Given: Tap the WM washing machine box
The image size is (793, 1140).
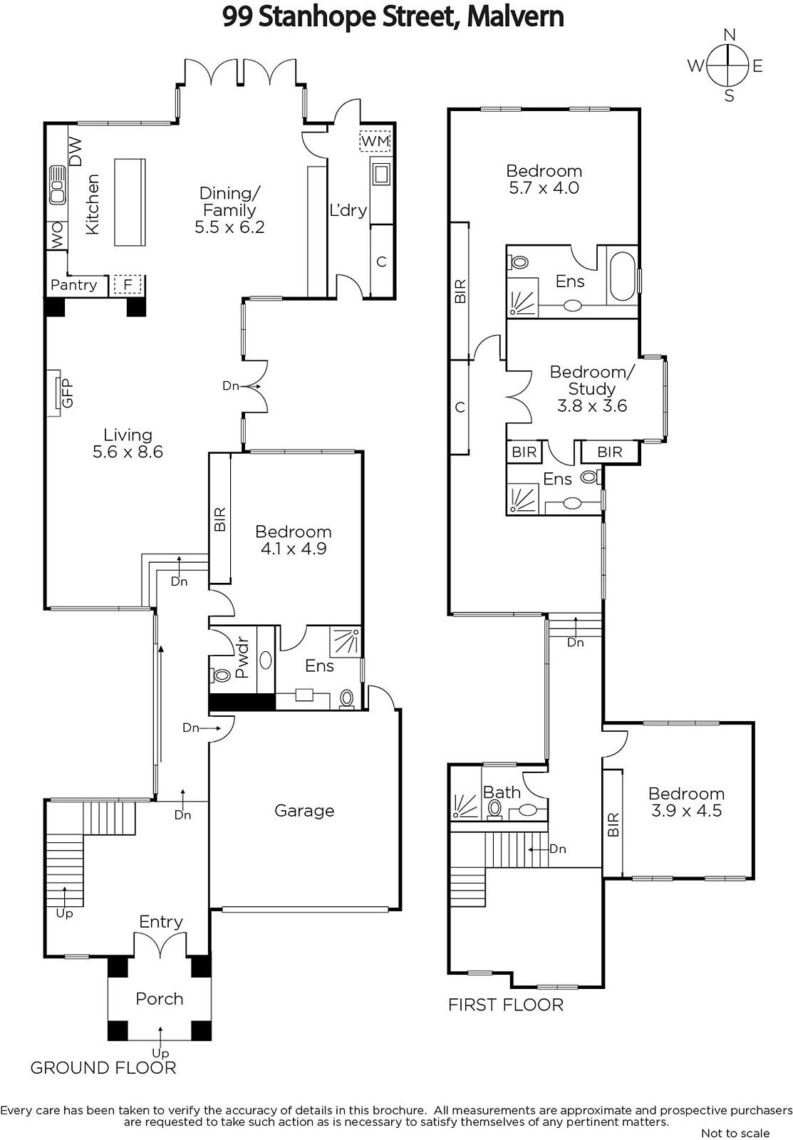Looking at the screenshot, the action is point(375,141).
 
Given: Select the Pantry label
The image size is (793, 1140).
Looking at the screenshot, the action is point(74,284).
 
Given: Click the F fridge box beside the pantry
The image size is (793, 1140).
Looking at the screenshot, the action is point(128,284).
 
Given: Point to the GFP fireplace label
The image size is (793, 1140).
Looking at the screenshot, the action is point(67,393).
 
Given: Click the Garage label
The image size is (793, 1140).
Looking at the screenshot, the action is point(304,810).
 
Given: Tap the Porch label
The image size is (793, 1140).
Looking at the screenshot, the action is point(160,998).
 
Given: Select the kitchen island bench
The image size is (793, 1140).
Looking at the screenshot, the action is point(130,202).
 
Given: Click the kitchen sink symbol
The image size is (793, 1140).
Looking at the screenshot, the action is point(58,185).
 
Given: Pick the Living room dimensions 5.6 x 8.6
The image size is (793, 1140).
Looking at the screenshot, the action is point(128,452).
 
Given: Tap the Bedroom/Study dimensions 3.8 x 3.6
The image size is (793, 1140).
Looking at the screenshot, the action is point(592,405).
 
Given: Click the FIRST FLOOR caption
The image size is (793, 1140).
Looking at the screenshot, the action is point(506,1005).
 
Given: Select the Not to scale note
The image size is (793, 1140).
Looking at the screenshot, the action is point(735,1133).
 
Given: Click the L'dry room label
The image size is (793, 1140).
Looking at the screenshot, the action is point(348,209).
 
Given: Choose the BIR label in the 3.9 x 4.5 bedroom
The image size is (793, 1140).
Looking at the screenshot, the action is point(613,824).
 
